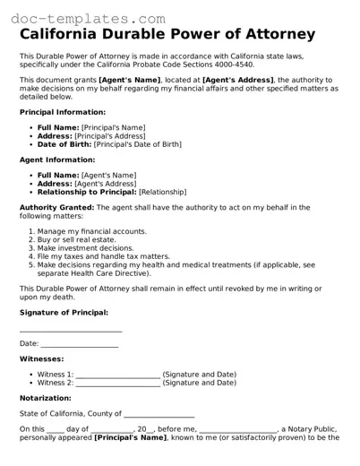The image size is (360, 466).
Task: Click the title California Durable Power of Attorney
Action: tap(167, 35)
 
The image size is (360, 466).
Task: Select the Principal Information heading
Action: tap(63, 112)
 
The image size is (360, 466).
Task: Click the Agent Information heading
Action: tap(56, 160)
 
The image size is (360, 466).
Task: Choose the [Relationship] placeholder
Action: tap(162, 192)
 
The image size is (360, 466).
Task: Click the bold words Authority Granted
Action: tap(56, 207)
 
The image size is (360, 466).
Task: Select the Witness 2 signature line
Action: tap(118, 383)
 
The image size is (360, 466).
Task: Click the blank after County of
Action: tap(159, 414)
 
